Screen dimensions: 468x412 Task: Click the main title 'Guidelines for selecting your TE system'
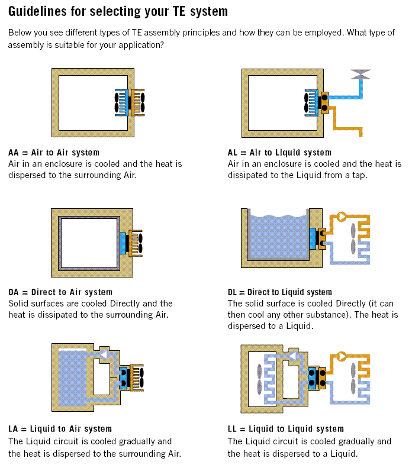[118, 11]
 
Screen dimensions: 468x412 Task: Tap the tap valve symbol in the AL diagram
[360, 75]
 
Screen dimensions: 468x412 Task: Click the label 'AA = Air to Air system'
[54, 153]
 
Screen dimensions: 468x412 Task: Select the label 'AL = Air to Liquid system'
[279, 153]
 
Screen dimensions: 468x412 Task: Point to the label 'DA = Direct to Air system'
[60, 292]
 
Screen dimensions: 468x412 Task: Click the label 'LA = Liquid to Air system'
[60, 429]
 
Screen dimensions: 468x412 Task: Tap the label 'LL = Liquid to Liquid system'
[285, 429]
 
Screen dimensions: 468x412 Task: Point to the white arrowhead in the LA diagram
[104, 355]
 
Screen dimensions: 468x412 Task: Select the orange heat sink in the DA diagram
[136, 243]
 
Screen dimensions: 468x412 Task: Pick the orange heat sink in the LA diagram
[137, 377]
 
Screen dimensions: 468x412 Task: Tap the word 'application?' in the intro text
[140, 45]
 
